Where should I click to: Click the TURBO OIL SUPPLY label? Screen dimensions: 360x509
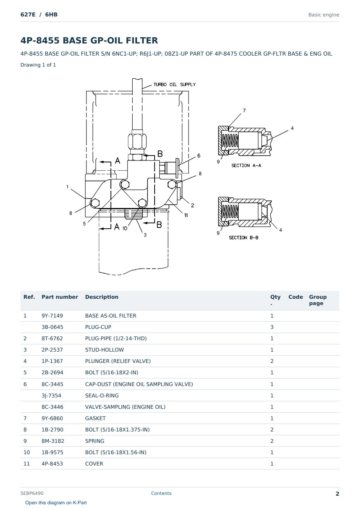(175, 85)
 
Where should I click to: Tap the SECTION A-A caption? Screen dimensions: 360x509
(246, 165)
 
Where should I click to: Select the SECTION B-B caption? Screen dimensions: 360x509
(243, 237)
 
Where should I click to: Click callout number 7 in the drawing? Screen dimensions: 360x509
(245, 110)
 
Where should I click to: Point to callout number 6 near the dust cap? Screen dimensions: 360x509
(199, 156)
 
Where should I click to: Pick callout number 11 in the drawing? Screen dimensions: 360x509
(186, 215)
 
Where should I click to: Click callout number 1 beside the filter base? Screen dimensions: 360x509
(67, 187)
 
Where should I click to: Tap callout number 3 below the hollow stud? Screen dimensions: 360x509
(145, 235)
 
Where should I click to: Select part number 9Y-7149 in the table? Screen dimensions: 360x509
(52, 316)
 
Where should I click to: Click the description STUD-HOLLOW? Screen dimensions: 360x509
(104, 350)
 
